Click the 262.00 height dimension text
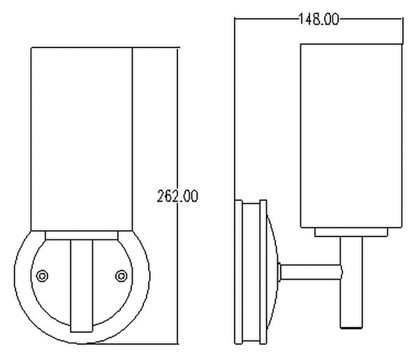pos(177,196)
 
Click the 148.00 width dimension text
pos(318,19)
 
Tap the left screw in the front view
pos(42,276)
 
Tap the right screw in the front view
pos(122,276)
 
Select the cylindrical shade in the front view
pos(82,139)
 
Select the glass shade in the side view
pos(351,135)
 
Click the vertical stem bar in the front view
pos(82,286)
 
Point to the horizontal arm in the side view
pos(311,272)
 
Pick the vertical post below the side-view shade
pos(351,282)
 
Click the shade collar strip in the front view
pos(82,235)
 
